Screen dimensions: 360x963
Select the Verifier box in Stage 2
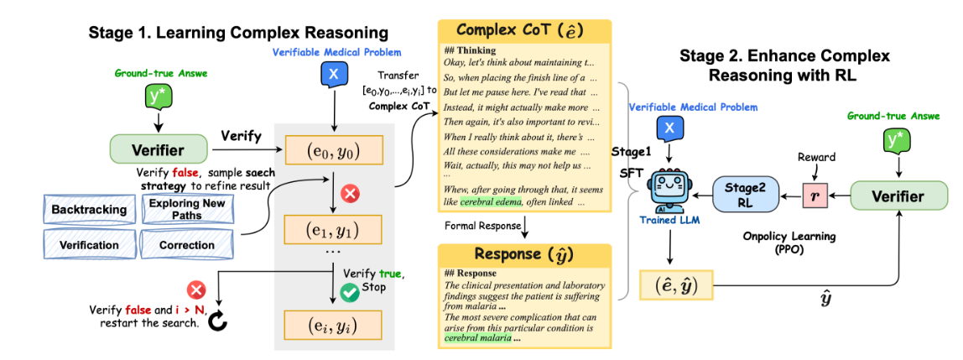[898, 197]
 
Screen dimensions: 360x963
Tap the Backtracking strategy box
[89, 209]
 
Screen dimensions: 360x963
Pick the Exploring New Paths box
[187, 209]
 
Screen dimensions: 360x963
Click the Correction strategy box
[187, 246]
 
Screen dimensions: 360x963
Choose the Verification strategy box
[89, 246]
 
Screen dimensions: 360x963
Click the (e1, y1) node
[334, 227]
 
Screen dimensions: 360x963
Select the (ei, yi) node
[334, 323]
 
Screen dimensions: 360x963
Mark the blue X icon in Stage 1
[333, 76]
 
